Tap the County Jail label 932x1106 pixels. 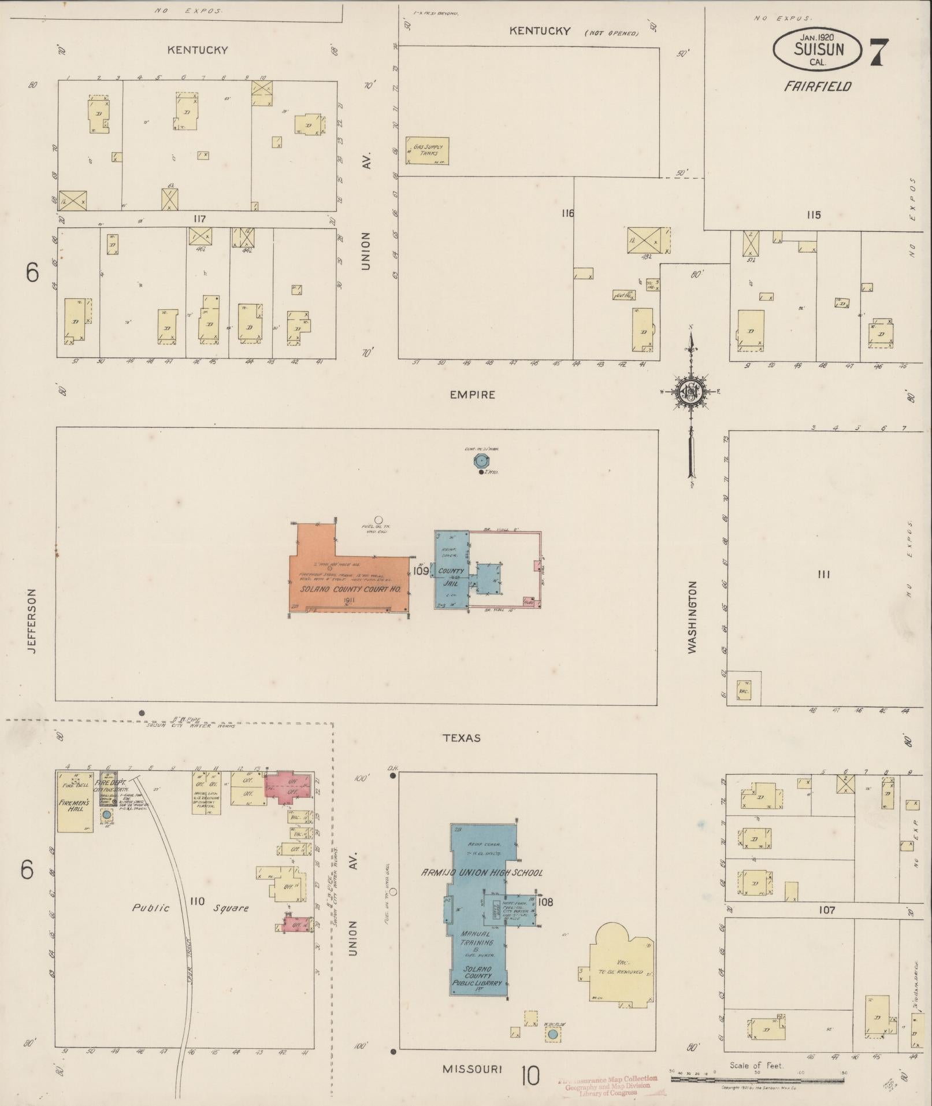click(x=450, y=577)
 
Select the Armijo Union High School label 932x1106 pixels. click(x=482, y=872)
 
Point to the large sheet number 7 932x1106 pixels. click(x=878, y=53)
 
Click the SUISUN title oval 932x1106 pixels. click(x=818, y=49)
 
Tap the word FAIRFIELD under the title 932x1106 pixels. click(x=817, y=87)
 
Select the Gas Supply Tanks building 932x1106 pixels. click(x=428, y=150)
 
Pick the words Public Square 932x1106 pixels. click(x=191, y=908)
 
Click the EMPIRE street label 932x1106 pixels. click(x=473, y=395)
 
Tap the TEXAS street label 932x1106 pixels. click(x=462, y=738)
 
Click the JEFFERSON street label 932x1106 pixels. click(x=31, y=621)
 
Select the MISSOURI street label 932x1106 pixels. click(x=472, y=1069)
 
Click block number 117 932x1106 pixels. click(x=200, y=219)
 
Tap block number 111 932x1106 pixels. click(x=823, y=574)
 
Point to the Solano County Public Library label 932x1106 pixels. click(x=477, y=977)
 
